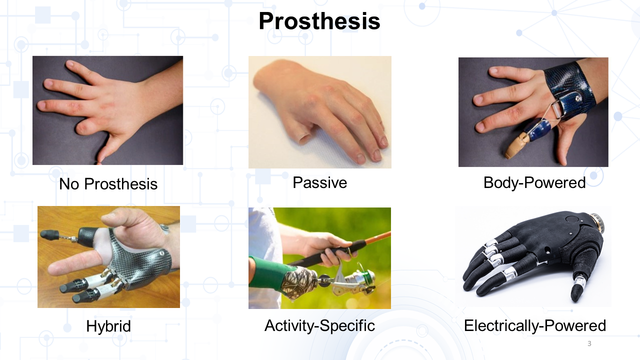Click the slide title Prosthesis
(x=319, y=21)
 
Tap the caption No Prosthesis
(x=108, y=183)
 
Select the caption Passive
(x=319, y=182)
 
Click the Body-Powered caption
(x=534, y=183)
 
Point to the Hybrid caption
(x=108, y=326)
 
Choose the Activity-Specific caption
(x=319, y=325)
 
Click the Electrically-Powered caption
(x=535, y=325)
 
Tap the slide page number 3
(x=589, y=343)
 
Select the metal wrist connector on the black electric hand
(x=597, y=223)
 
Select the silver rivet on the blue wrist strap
(x=578, y=98)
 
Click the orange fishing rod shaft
(x=377, y=237)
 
